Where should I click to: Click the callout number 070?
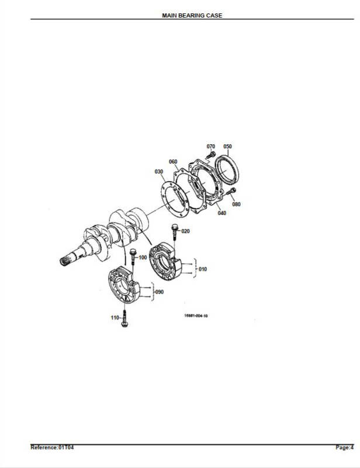[211, 147]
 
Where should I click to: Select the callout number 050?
[227, 147]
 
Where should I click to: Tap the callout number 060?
[173, 162]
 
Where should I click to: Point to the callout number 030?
[159, 172]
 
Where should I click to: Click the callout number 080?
[236, 204]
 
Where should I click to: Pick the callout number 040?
[222, 213]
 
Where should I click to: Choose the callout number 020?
[185, 231]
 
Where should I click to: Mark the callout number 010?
[203, 269]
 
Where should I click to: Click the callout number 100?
[143, 257]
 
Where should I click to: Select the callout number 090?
[160, 292]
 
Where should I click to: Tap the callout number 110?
[115, 318]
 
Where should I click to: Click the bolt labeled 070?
[211, 155]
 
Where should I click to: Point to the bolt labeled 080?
[231, 191]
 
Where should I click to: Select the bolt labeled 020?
[175, 232]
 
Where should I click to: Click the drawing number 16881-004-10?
[196, 316]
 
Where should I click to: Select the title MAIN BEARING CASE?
[192, 16]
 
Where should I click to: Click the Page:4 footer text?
[344, 448]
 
